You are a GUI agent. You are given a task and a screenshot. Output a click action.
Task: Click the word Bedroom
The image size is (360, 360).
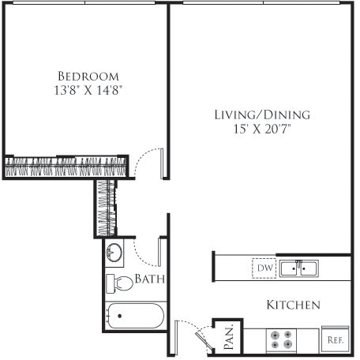[x=87, y=76]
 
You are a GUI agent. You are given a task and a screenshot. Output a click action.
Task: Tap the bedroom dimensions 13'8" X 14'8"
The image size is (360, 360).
[x=87, y=90]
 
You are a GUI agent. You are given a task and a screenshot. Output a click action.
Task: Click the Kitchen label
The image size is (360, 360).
[x=292, y=304]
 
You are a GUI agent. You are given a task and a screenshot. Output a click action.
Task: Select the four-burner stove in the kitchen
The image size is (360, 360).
[x=280, y=339]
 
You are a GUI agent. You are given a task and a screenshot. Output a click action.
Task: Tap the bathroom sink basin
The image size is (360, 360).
[x=114, y=254]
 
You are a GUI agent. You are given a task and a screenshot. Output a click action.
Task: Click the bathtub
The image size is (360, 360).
[x=134, y=318]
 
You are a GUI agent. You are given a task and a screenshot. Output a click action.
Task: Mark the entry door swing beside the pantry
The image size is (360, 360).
[x=189, y=330]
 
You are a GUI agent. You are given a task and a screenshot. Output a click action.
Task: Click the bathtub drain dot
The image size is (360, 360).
[x=119, y=317]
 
